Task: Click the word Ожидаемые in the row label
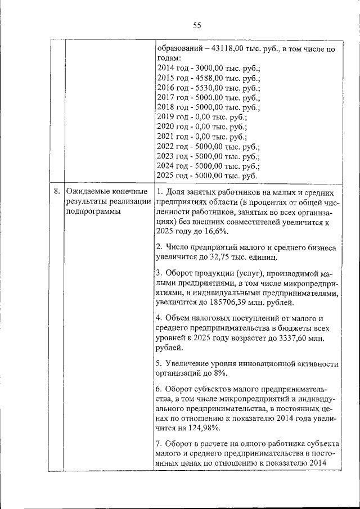tap(88, 192)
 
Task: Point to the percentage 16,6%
tap(215, 231)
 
